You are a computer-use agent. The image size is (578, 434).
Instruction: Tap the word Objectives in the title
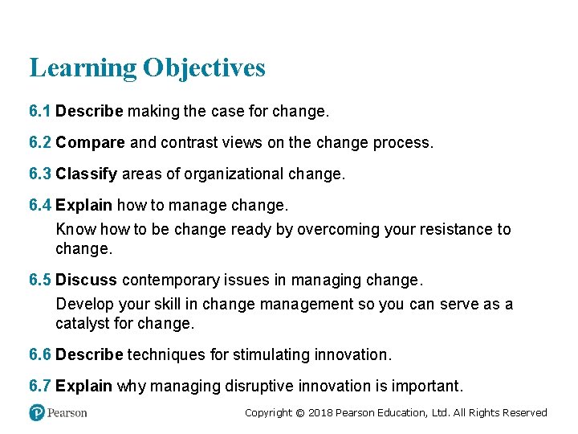coord(204,68)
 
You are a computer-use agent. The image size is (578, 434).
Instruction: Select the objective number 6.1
coord(40,110)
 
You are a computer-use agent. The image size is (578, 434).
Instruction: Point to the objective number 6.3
coord(40,174)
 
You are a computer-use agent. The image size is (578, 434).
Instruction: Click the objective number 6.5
coord(40,280)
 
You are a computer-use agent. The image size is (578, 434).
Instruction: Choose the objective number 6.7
coord(40,386)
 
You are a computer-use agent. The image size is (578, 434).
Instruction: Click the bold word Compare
coord(90,142)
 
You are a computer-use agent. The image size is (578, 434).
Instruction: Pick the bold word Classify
coord(87,174)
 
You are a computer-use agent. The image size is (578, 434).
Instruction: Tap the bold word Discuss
coord(86,280)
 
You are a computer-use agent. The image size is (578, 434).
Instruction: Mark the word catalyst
coord(84,324)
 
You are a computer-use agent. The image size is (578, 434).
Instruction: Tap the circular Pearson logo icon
coord(37,412)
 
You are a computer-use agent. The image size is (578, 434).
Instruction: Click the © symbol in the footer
coord(300,412)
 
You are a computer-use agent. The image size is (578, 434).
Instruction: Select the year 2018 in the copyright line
coord(320,412)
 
